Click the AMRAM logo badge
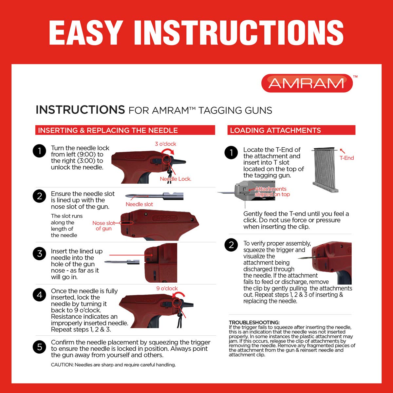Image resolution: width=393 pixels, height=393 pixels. tap(307, 83)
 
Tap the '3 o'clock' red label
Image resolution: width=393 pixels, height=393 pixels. tap(165, 144)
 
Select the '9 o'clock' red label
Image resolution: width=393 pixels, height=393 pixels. tap(167, 289)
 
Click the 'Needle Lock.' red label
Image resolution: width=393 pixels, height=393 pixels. tap(176, 179)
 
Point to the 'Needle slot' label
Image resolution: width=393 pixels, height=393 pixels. tap(139, 204)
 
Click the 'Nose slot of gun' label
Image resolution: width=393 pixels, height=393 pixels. tap(103, 226)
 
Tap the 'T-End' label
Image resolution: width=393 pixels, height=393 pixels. tap(346, 158)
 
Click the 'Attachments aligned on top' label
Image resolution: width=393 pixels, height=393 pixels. tap(272, 192)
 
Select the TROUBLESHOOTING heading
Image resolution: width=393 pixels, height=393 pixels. tap(254, 323)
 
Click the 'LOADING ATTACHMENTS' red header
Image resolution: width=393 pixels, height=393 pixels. tap(275, 130)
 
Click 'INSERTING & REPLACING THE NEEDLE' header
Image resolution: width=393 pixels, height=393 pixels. tap(108, 130)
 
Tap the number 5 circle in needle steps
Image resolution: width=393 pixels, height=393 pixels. tap(40, 347)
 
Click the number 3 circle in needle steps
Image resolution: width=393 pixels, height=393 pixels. tap(40, 254)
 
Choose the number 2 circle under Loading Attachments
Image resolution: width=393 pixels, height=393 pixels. tap(231, 245)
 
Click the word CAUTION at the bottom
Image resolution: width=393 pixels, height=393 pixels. tap(62, 365)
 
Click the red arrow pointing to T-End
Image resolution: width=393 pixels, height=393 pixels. tap(343, 151)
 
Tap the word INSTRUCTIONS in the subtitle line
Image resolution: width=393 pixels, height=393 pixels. tap(80, 110)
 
